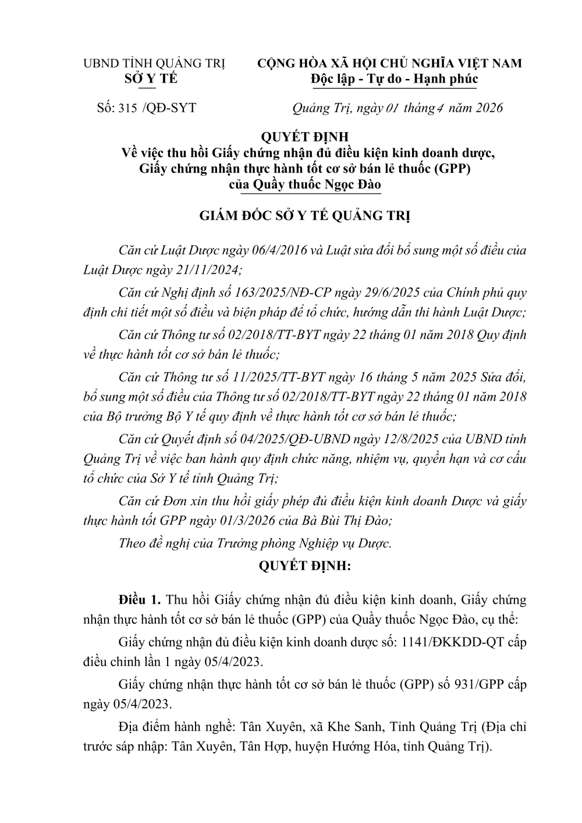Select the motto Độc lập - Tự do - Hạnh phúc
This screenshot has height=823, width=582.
coord(394,79)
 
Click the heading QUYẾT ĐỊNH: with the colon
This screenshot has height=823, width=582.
coord(304,565)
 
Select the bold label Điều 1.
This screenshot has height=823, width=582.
coord(139,600)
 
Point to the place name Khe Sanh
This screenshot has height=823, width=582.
coord(354,727)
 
